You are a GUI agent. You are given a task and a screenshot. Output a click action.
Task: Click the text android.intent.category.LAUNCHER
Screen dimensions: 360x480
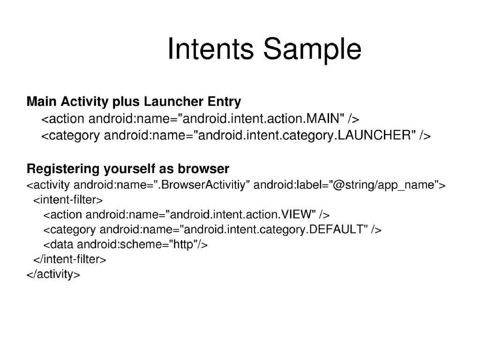tap(305, 135)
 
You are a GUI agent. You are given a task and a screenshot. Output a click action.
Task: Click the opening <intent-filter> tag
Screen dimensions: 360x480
tap(67, 200)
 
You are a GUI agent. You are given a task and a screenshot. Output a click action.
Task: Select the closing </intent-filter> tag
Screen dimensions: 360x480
tap(69, 259)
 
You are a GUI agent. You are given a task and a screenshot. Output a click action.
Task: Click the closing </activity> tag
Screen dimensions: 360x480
tap(53, 274)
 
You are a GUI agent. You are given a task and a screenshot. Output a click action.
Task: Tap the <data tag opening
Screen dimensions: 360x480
tap(59, 244)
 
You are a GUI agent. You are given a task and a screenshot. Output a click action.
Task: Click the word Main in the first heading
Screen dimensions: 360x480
tap(42, 101)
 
